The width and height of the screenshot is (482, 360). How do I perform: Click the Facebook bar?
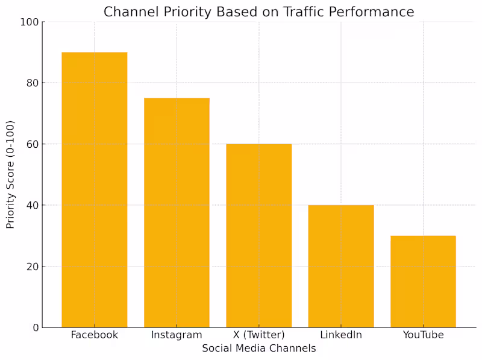95,190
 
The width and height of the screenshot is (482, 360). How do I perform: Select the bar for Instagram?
177,213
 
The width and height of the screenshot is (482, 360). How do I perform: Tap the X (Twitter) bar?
258,236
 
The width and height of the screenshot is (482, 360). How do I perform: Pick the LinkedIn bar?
341,266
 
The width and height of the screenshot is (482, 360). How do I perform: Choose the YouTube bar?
423,282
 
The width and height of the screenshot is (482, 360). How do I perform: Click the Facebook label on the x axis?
95,335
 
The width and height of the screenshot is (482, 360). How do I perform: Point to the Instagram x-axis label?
177,335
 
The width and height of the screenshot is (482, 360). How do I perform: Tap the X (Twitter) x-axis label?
258,335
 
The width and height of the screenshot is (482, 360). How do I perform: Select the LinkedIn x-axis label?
341,335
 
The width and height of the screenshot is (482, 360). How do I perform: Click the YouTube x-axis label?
423,335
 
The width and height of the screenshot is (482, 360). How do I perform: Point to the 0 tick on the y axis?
36,328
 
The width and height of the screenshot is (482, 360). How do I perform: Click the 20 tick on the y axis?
33,267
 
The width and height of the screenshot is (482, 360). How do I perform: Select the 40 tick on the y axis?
33,206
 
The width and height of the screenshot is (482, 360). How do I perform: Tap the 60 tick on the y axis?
33,145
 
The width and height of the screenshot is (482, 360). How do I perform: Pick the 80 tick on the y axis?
33,83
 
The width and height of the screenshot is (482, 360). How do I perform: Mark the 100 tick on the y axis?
30,22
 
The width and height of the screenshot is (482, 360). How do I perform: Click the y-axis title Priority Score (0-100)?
11,175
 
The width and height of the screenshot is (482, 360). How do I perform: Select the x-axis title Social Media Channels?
258,349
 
